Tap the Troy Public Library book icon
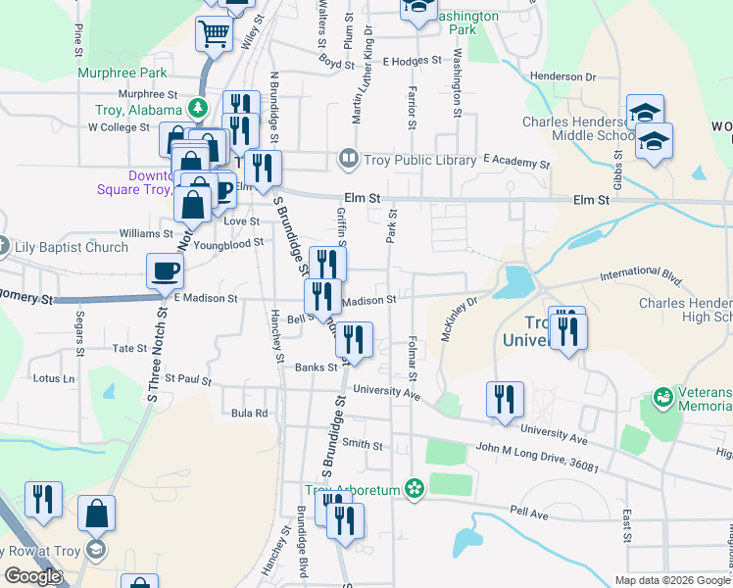point(348,158)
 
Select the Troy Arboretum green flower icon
point(415,488)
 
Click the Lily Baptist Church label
point(72,247)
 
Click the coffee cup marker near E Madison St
point(165,269)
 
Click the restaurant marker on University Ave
point(505,399)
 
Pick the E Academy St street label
point(516,161)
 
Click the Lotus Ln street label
point(54,378)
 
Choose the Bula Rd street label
point(249,414)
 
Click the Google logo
point(31,576)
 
